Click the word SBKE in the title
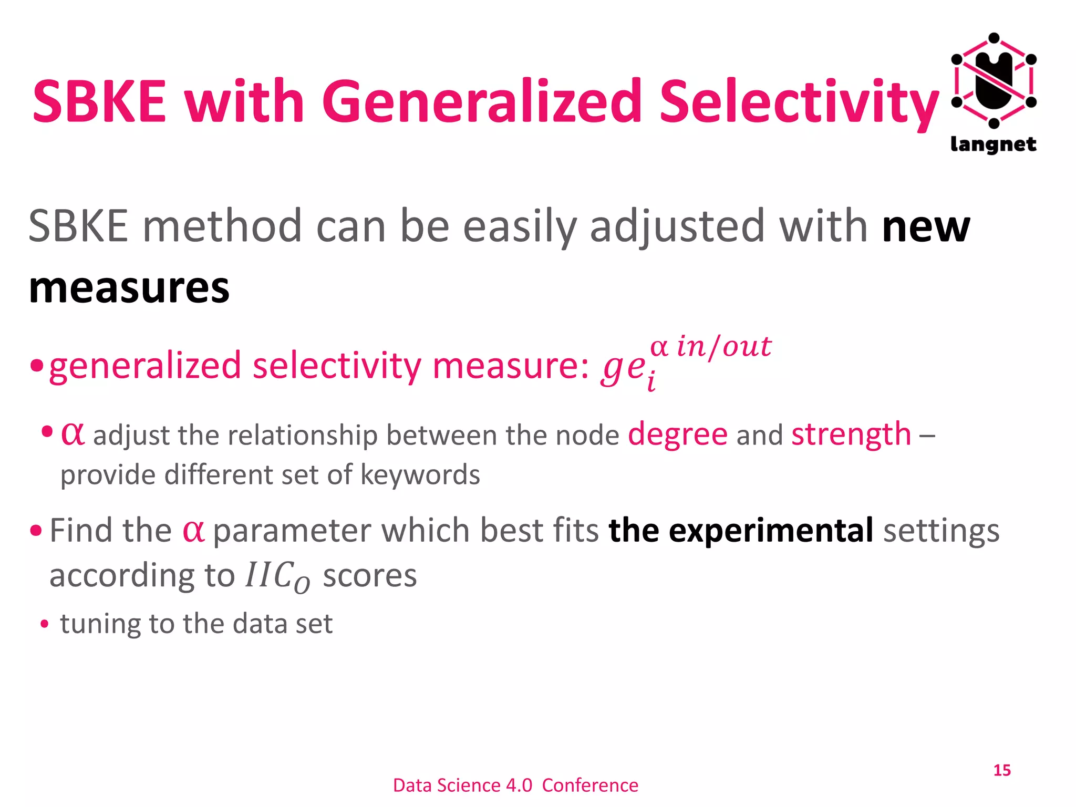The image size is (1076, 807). (x=99, y=101)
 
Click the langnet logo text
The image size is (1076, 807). (x=993, y=144)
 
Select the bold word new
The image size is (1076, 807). (x=926, y=227)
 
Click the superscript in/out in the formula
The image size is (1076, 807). (x=724, y=347)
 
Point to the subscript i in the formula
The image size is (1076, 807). (x=651, y=382)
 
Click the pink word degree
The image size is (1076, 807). (x=678, y=435)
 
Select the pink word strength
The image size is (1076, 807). (x=851, y=434)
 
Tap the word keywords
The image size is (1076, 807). (x=420, y=474)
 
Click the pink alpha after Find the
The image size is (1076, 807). (x=193, y=531)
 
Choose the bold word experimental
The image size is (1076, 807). (x=771, y=531)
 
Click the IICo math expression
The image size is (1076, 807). (x=278, y=577)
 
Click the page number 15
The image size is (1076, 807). (x=1002, y=770)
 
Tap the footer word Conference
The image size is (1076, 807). (x=590, y=785)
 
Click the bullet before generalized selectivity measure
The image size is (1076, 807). (x=36, y=365)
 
